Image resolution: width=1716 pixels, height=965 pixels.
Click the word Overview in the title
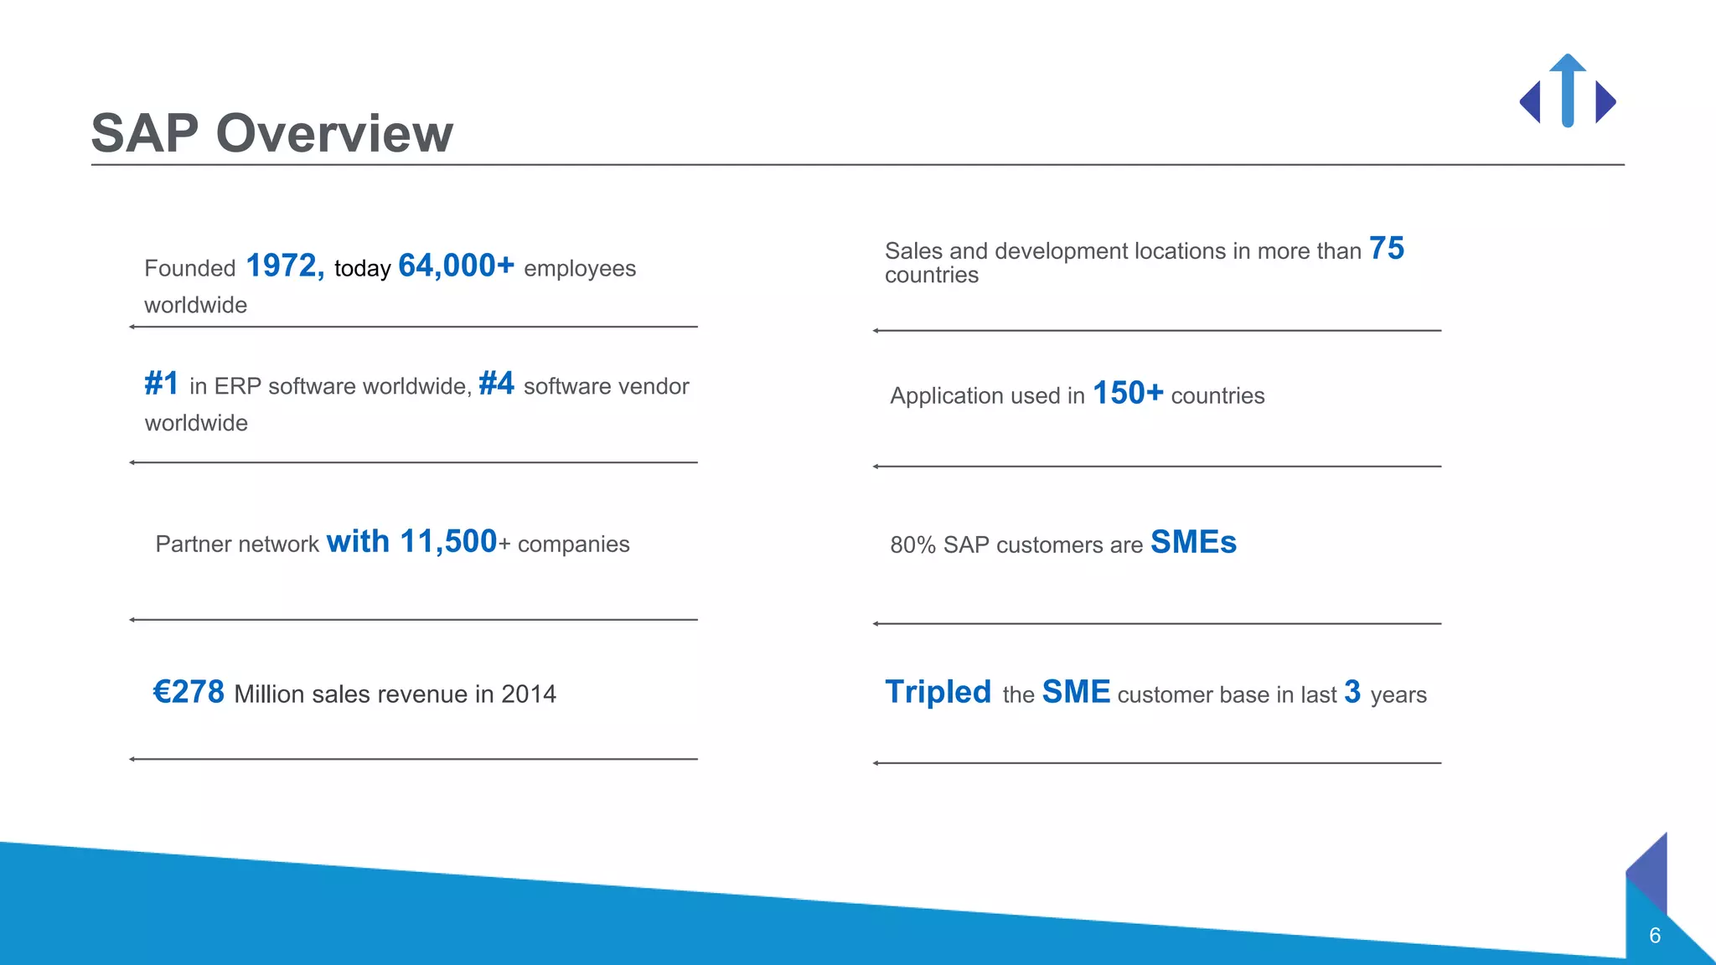pos(334,133)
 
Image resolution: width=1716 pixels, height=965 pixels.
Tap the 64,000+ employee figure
pos(456,266)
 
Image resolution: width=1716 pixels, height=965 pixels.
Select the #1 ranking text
pos(161,384)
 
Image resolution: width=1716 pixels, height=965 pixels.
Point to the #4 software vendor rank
pos(496,384)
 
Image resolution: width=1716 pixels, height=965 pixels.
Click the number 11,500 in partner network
pos(448,542)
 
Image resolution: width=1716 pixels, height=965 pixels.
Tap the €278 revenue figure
pos(189,692)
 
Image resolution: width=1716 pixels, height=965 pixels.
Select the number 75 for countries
pos(1387,249)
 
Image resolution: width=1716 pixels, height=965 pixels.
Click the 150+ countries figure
pos(1128,393)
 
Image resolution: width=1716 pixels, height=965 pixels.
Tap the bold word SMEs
pos(1193,543)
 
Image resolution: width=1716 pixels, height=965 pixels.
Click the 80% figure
pos(912,545)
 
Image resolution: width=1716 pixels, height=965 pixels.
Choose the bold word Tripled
pos(938,692)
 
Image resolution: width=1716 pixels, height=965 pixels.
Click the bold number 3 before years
pos(1352,692)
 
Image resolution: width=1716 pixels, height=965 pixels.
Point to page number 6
pos(1655,936)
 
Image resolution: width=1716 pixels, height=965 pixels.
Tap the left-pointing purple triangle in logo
pos(1532,102)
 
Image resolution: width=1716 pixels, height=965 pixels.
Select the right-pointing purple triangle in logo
pos(1604,102)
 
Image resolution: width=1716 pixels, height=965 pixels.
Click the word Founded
pos(190,269)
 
